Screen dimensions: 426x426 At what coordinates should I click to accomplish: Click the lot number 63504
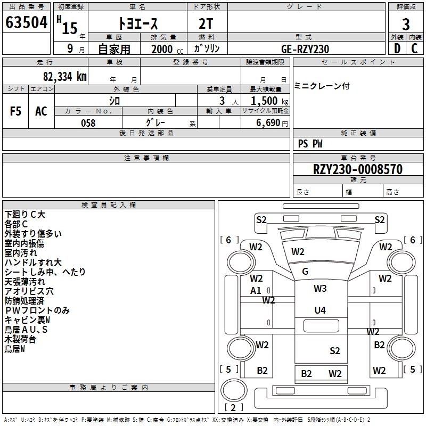[x=27, y=23]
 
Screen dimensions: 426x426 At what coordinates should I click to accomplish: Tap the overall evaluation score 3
[x=406, y=24]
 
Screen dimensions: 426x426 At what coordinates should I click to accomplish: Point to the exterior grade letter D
[x=397, y=48]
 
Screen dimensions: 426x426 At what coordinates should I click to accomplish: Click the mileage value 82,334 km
[x=64, y=76]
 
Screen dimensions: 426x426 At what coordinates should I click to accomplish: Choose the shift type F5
[x=16, y=111]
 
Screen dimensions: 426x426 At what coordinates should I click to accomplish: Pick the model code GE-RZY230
[x=305, y=49]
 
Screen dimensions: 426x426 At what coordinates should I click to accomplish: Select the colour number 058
[x=88, y=123]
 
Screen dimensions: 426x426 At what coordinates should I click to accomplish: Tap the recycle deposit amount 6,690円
[x=272, y=123]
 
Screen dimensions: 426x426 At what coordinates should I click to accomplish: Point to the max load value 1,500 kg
[x=269, y=101]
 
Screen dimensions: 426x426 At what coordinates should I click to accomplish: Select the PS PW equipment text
[x=310, y=144]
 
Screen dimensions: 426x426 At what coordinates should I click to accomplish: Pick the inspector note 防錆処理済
[x=25, y=301]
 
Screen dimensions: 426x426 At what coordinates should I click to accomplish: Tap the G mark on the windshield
[x=305, y=272]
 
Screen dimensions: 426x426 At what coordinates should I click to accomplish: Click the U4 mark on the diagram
[x=319, y=310]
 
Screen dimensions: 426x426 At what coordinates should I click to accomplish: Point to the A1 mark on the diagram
[x=256, y=291]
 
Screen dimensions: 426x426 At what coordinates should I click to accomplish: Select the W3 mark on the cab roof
[x=319, y=289]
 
